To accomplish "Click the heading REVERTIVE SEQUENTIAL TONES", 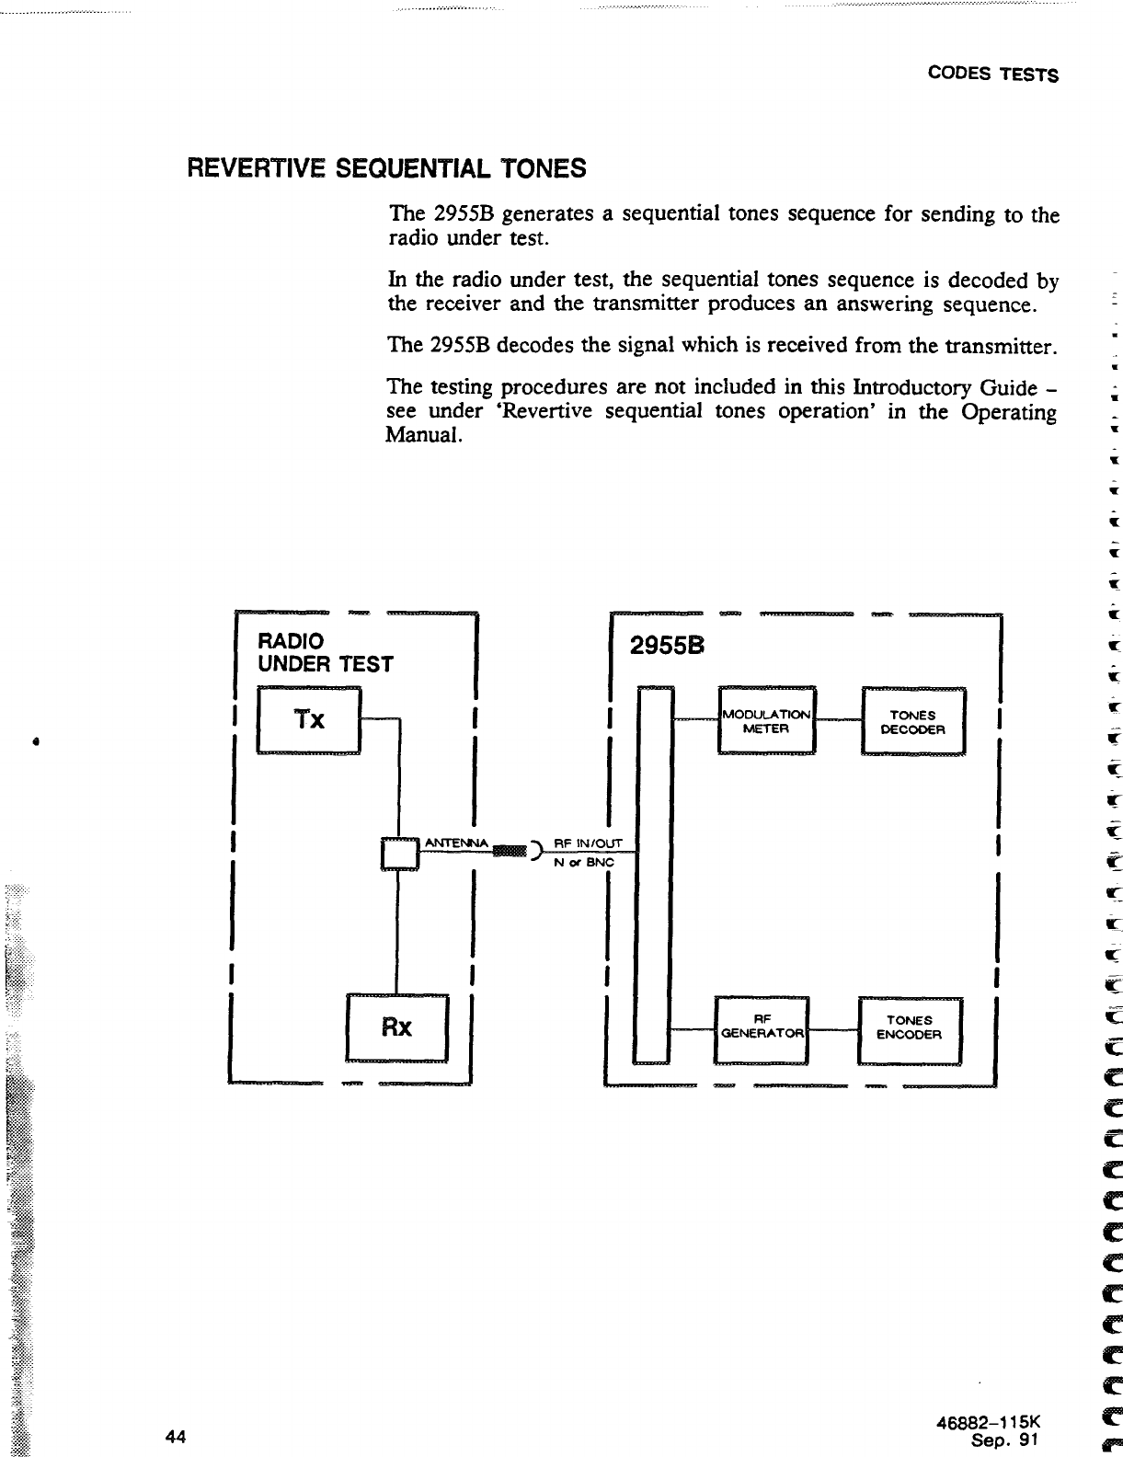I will click(x=386, y=168).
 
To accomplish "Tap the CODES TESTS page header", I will click(x=992, y=75).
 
